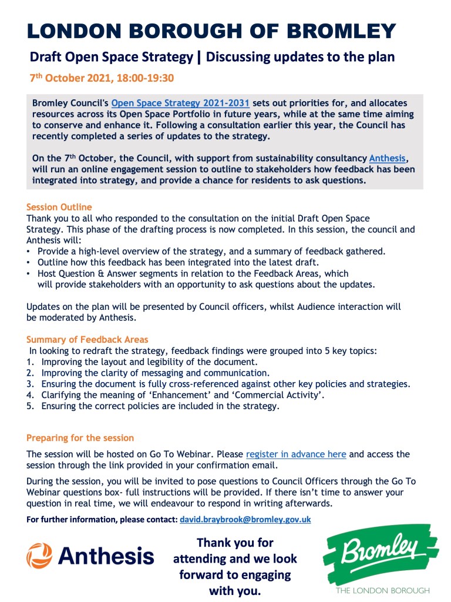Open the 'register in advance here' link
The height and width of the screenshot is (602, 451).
point(296,454)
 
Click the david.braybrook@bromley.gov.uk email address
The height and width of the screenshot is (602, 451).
point(245,520)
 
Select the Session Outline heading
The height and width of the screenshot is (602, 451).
point(59,207)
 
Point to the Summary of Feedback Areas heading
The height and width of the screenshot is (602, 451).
point(87,339)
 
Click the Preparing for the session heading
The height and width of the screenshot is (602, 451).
point(80,438)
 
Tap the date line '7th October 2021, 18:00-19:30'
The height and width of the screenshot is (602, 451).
point(102,78)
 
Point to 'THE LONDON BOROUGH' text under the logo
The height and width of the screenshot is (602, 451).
point(382,590)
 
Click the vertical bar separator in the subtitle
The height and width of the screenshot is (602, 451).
point(200,57)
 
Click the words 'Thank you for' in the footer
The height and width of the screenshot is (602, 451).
point(235,542)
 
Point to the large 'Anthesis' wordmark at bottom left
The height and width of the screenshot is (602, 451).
point(106,555)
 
